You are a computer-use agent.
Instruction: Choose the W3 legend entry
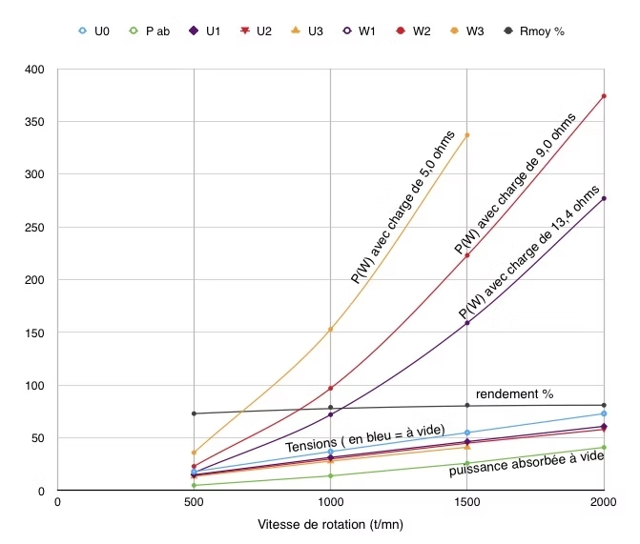point(467,30)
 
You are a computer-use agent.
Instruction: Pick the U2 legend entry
point(258,30)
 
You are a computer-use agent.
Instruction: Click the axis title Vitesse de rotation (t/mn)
point(330,525)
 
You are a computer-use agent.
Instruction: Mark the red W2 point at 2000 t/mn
point(603,96)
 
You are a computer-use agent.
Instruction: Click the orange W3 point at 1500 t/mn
point(466,135)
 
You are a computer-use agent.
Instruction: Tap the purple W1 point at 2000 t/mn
point(603,198)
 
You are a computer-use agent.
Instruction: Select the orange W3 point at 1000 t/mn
point(330,330)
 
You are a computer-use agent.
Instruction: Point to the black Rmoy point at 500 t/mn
point(194,413)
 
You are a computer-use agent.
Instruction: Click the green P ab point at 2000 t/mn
point(603,448)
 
